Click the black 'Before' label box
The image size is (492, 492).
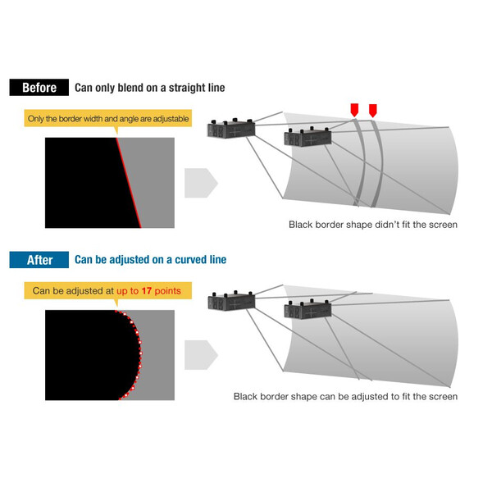(x=39, y=87)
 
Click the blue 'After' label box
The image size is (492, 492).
(x=39, y=260)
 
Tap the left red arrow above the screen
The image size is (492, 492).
(x=354, y=110)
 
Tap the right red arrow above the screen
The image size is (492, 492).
(x=373, y=111)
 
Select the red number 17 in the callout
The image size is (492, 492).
(x=147, y=291)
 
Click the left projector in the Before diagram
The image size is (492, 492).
(x=231, y=128)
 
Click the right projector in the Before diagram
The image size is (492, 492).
(x=307, y=137)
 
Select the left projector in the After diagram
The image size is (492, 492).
(x=231, y=301)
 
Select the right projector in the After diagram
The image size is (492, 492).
(x=307, y=309)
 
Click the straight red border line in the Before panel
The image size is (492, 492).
(x=129, y=183)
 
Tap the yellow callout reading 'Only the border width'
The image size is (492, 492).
(x=108, y=118)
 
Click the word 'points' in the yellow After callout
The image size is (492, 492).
(x=167, y=291)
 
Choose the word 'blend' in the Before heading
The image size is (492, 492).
(x=130, y=88)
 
